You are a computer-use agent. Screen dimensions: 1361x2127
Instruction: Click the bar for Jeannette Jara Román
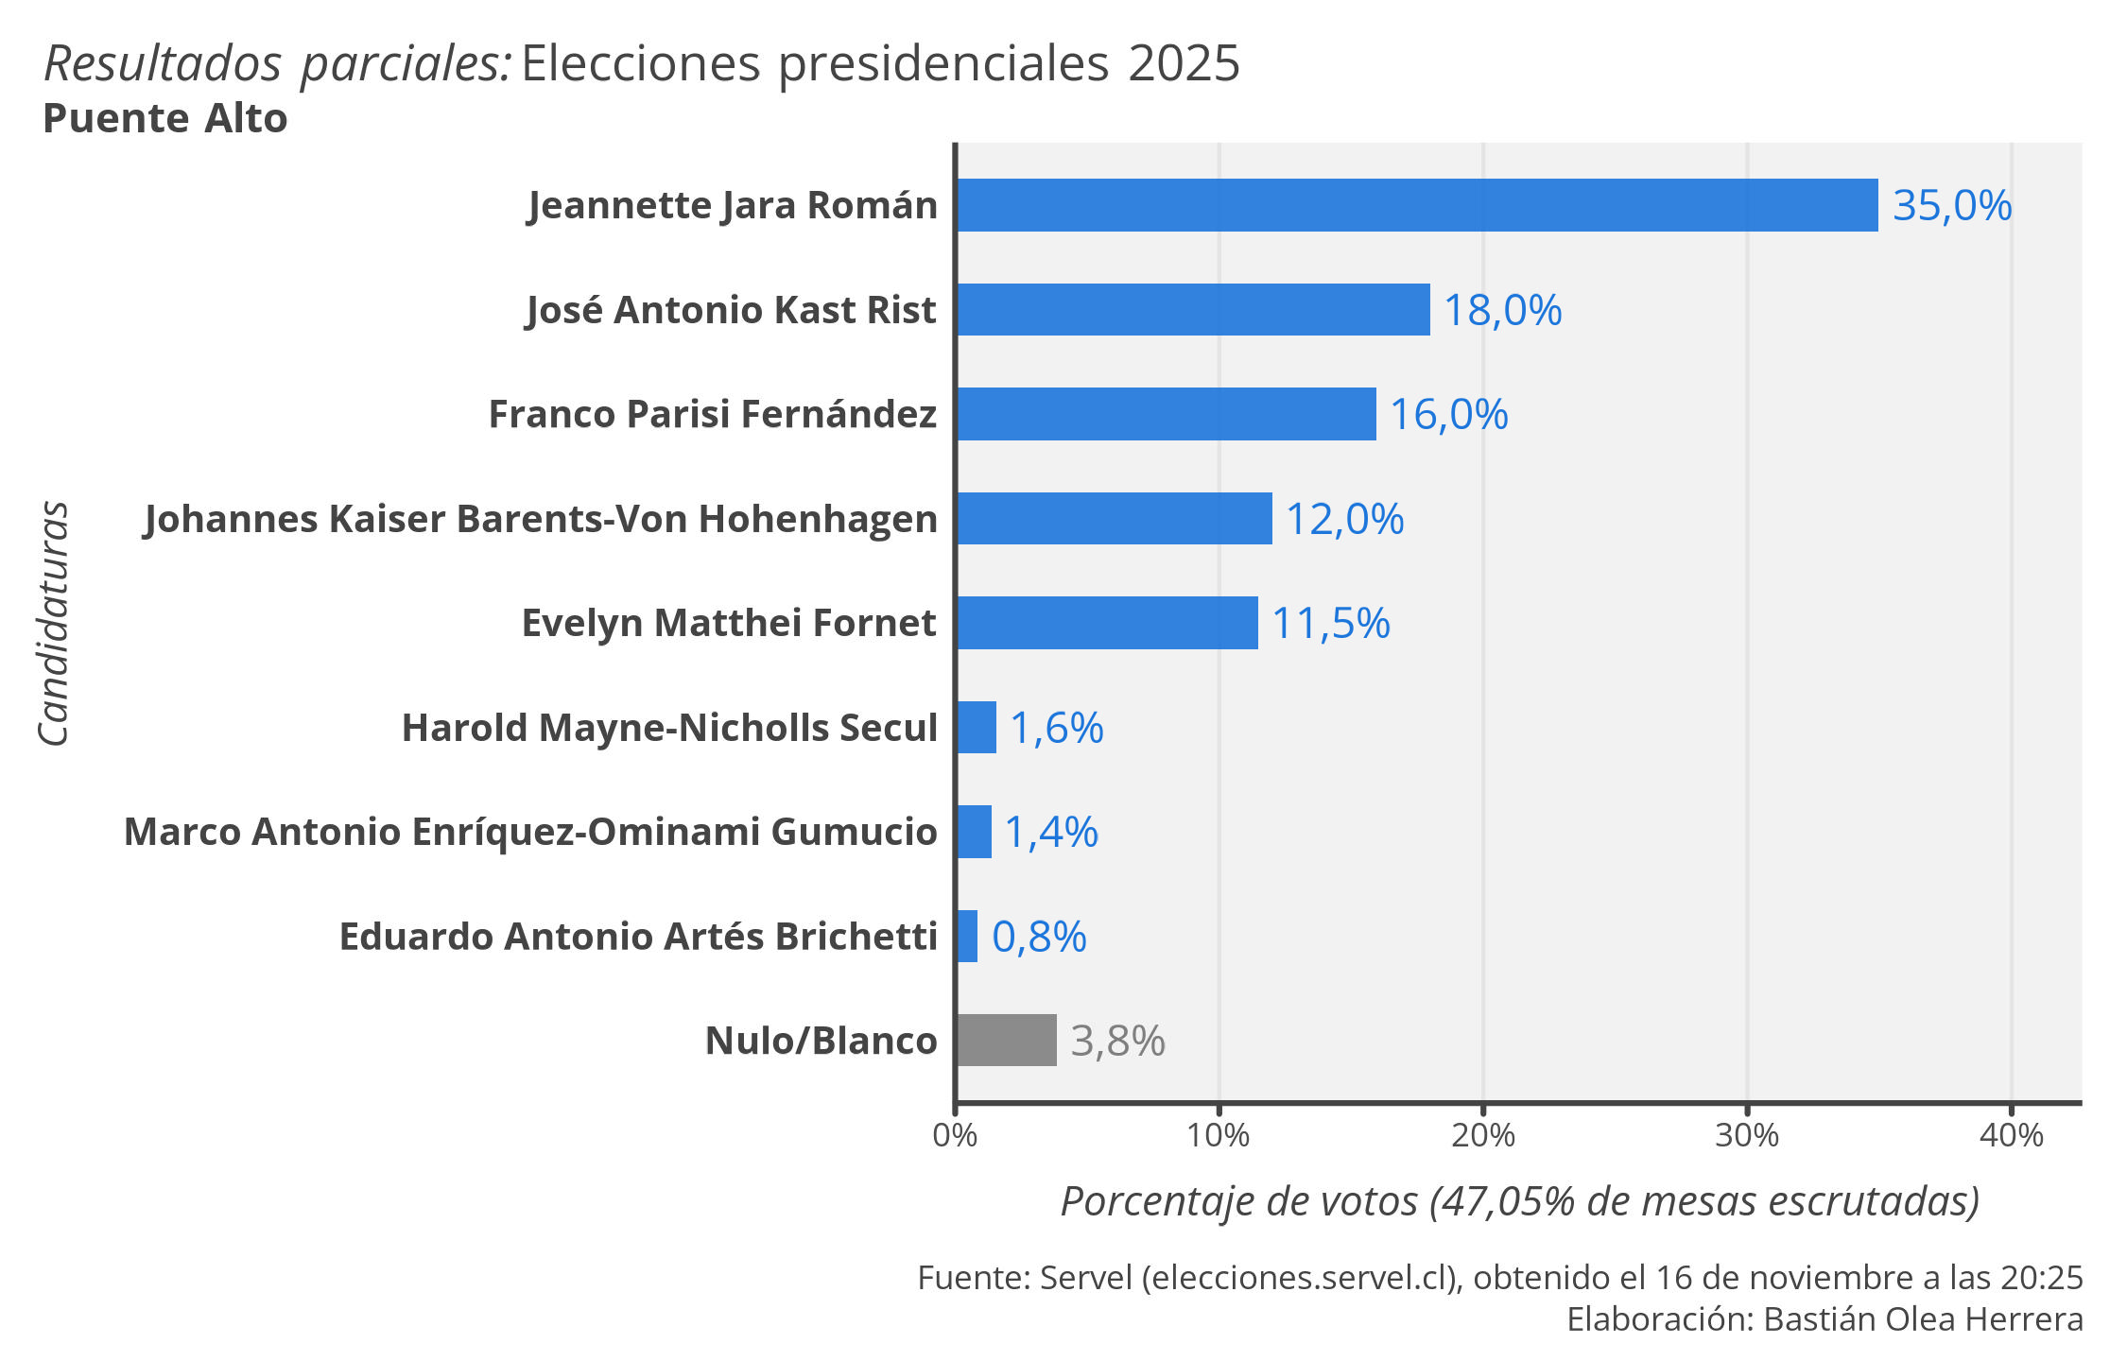[1416, 205]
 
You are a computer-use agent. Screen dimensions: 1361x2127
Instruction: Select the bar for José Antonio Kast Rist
[1193, 309]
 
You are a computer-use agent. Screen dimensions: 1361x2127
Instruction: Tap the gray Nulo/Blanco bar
[1006, 1040]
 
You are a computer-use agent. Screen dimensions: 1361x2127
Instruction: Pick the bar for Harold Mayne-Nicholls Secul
[977, 727]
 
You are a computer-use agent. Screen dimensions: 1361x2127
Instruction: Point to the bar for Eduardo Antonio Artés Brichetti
[967, 936]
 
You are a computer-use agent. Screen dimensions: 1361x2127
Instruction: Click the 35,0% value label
[1951, 205]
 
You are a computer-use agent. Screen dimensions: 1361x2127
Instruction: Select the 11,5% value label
[1330, 623]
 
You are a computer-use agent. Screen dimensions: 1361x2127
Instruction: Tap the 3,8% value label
[1117, 1041]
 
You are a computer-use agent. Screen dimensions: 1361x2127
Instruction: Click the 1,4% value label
[1050, 832]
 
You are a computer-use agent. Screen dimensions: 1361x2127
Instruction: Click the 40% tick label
[2011, 1134]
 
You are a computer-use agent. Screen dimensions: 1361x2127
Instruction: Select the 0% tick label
[955, 1134]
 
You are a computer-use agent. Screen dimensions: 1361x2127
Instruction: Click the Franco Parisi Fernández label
[712, 414]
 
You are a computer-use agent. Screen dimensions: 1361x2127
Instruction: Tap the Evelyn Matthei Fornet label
[728, 623]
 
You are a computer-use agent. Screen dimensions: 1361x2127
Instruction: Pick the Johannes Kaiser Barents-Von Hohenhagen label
[540, 519]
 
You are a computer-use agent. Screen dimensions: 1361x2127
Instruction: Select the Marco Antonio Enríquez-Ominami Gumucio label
[530, 832]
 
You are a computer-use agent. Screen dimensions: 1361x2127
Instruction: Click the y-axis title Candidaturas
[54, 624]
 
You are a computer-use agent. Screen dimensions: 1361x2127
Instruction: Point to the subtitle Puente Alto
[165, 119]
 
